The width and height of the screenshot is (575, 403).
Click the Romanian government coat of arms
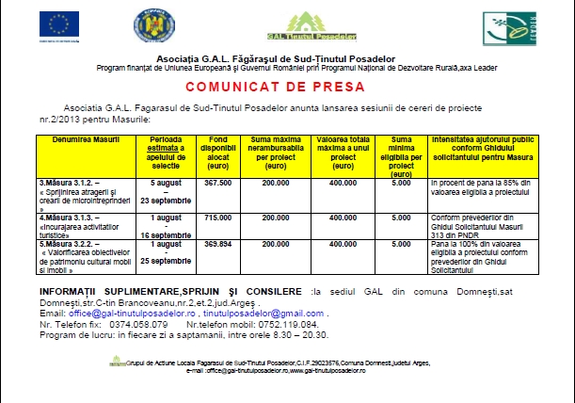coord(150,25)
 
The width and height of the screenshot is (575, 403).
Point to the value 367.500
coord(217,182)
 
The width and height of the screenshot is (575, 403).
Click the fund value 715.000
coord(217,218)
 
